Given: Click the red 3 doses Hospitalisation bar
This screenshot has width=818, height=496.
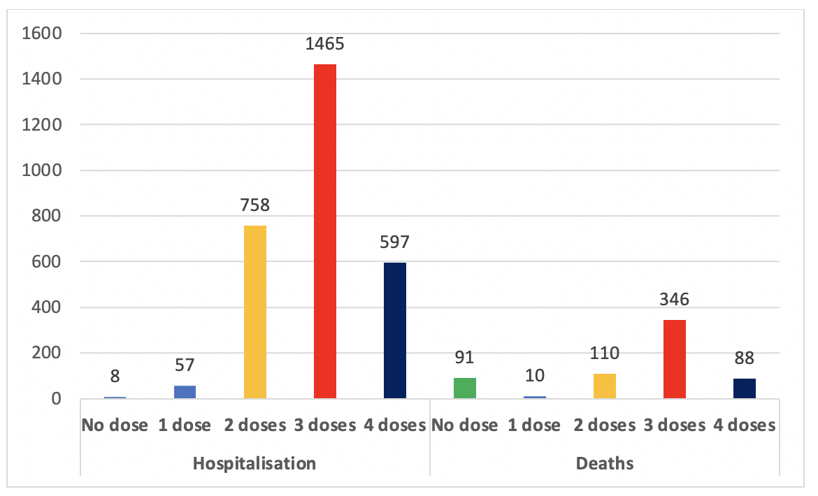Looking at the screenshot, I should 325,231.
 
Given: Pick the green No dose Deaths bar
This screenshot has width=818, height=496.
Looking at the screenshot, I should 465,388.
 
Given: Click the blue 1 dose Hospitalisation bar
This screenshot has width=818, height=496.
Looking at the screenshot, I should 185,392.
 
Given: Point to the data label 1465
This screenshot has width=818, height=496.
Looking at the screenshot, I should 325,45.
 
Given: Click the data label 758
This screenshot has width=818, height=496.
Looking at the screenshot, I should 255,207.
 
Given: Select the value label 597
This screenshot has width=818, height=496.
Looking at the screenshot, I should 395,243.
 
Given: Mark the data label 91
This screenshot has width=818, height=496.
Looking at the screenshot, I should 465,358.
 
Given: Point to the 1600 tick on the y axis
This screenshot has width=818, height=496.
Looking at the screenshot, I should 43,34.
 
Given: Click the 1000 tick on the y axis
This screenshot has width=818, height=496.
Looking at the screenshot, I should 43,170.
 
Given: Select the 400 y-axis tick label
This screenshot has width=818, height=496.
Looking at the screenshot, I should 48,307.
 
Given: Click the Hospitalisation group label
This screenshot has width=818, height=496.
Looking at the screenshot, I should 254,463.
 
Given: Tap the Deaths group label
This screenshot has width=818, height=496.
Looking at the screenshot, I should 605,463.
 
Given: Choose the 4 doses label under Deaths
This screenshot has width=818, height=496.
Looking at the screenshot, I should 745,425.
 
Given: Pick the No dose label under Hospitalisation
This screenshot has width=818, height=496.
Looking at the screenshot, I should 115,425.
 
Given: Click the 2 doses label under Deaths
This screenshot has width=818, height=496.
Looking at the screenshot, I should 605,425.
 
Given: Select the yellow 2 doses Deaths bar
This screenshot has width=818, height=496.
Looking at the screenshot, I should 605,386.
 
